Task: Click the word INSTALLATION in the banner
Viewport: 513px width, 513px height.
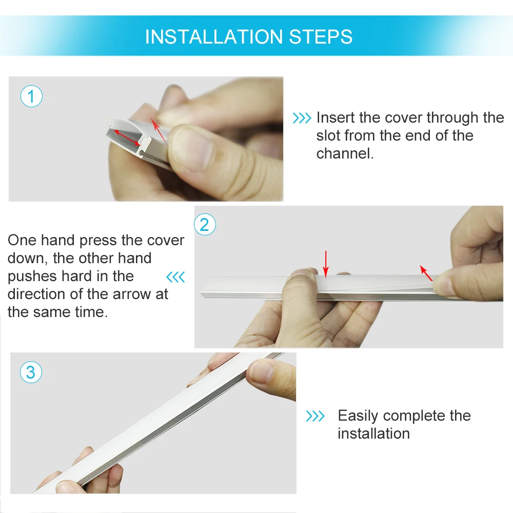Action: click(x=214, y=36)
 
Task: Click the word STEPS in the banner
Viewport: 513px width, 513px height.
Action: click(x=321, y=36)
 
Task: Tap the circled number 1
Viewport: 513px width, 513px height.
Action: click(x=31, y=96)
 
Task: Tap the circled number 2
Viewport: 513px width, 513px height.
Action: click(x=205, y=225)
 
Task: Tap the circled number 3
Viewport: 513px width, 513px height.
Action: click(x=31, y=372)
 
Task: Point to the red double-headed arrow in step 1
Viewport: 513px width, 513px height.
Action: click(x=127, y=137)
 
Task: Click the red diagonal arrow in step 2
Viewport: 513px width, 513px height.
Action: click(x=426, y=273)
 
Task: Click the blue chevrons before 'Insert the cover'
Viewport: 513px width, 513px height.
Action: click(x=302, y=118)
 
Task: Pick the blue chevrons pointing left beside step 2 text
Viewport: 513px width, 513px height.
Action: click(x=175, y=277)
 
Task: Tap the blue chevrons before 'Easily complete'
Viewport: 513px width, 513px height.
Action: click(x=315, y=416)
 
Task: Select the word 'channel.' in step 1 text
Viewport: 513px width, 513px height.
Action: click(x=345, y=153)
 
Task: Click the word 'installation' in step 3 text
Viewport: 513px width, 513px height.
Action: click(x=373, y=433)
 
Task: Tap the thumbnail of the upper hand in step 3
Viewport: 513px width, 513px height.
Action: click(x=261, y=371)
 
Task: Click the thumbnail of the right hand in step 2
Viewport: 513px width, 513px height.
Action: click(x=444, y=285)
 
